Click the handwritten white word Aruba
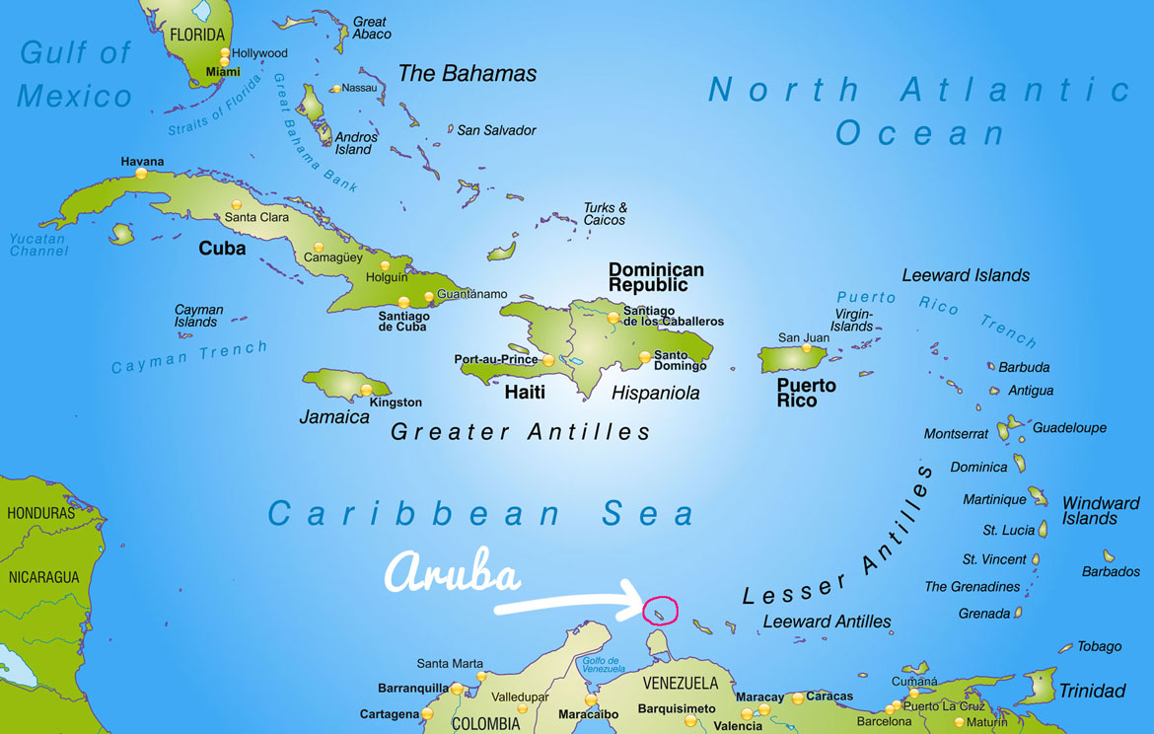452,575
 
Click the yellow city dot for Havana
141,174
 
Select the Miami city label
223,72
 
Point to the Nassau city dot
336,89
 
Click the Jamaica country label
333,417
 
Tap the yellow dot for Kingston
366,390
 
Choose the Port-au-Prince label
496,360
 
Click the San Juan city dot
806,348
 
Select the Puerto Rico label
806,393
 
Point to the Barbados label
1111,571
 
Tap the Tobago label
1099,646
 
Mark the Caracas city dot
797,698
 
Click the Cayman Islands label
198,316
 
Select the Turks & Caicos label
605,214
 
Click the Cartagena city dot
427,713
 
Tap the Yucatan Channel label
39,245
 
